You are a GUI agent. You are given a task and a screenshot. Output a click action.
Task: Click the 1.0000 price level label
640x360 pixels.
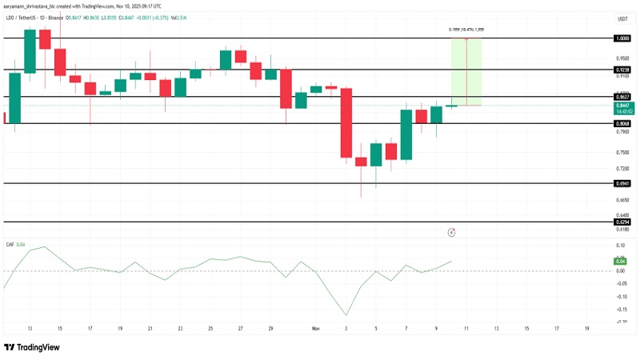[x=622, y=38]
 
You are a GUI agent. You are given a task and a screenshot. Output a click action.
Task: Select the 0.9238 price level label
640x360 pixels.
[x=622, y=70]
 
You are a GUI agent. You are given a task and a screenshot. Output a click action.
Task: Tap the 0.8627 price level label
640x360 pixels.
[x=622, y=97]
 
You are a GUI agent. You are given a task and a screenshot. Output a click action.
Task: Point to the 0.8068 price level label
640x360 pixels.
[x=622, y=124]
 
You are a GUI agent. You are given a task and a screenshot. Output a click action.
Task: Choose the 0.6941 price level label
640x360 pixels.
[x=622, y=183]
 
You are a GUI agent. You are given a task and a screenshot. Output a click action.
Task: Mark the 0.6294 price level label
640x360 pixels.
[x=622, y=222]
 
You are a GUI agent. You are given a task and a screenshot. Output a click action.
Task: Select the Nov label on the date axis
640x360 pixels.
[x=317, y=329]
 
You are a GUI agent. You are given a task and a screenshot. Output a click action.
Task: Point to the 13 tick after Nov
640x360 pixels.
[x=497, y=329]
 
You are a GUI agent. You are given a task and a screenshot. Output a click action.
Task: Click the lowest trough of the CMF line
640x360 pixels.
[x=346, y=315]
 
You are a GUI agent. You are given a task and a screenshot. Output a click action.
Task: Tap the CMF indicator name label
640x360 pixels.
[x=10, y=243]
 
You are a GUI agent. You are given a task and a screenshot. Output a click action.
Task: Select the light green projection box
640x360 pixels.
[x=466, y=72]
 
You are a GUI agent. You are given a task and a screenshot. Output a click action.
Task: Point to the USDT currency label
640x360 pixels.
[x=622, y=18]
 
